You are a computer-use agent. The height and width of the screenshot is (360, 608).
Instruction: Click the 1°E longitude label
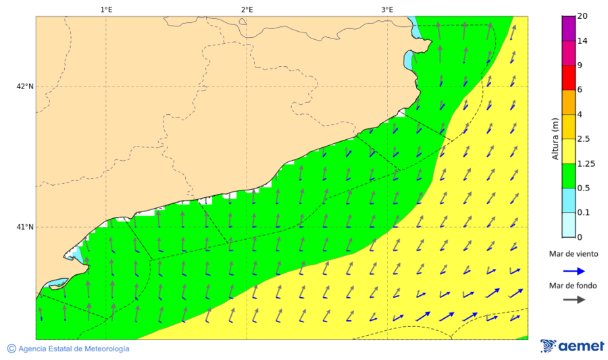coord(106,9)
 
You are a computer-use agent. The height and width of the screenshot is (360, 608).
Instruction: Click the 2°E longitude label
coord(247,9)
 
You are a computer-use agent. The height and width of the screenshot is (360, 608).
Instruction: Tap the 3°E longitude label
coord(387,9)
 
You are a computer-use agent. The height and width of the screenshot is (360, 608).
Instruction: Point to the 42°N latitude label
coord(25,86)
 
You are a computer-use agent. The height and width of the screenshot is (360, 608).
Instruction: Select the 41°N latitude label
coord(25,227)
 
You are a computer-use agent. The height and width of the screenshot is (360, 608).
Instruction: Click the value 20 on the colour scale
coord(582,17)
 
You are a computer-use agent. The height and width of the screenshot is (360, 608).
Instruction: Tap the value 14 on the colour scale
coord(582,41)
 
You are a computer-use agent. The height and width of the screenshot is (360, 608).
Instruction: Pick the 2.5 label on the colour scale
coord(584,139)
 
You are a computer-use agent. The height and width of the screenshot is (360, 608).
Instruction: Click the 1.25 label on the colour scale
coord(586,163)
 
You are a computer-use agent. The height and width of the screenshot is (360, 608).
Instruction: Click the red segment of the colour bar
coord(568,78)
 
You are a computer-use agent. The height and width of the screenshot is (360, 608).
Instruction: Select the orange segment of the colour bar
coord(568,102)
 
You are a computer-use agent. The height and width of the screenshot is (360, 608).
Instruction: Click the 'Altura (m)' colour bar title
coord(555,138)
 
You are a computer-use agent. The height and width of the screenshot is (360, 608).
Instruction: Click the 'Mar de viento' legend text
coord(573,254)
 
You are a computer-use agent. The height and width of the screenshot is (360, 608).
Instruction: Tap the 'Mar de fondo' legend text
coord(573,286)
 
